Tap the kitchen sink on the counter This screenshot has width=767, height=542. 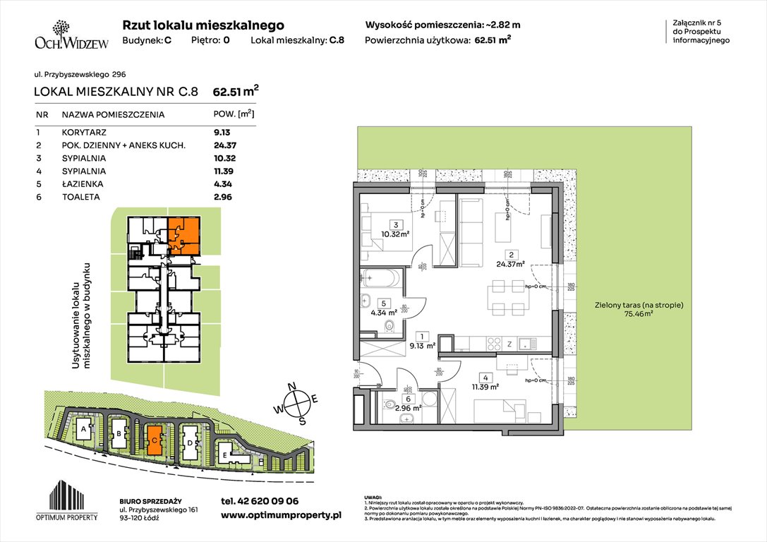(526, 345)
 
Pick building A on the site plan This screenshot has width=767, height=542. (83, 429)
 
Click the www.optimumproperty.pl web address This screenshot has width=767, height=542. (281, 516)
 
